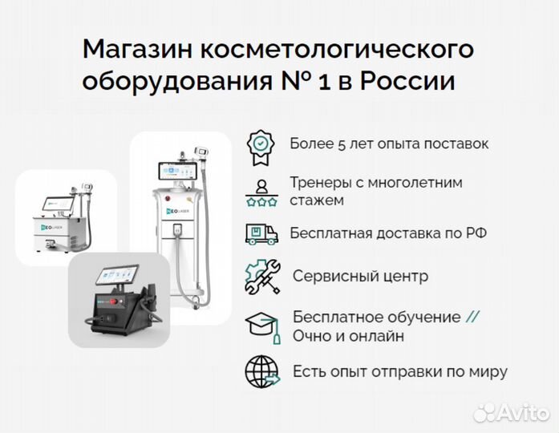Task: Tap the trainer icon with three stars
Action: coord(261,191)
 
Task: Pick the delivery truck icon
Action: coord(261,233)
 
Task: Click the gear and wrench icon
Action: coord(261,276)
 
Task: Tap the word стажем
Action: coord(318,200)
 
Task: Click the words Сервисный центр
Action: coord(360,276)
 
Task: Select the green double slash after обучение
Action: coord(473,317)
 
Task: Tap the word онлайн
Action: coord(376,336)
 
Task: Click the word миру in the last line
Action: coord(488,372)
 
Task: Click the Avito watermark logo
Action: coord(510,411)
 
